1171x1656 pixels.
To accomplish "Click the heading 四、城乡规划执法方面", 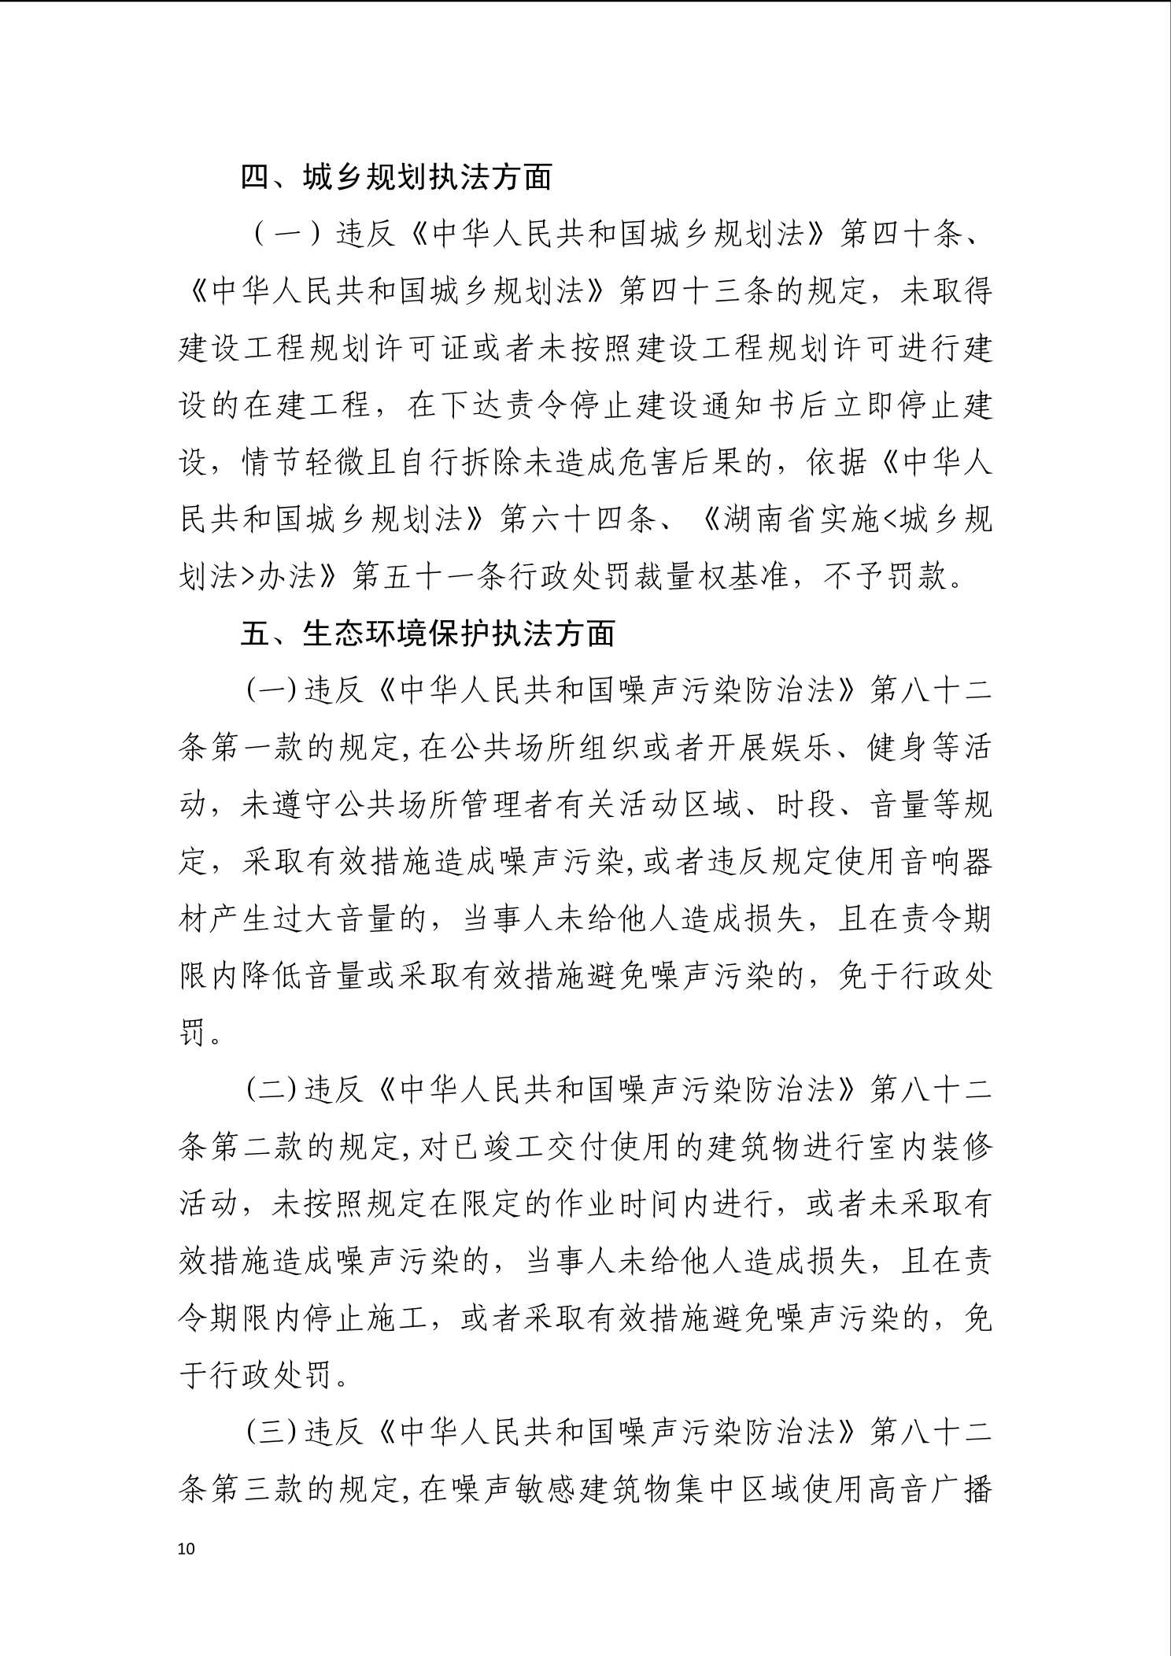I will point(396,178).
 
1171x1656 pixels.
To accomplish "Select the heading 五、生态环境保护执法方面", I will point(427,634).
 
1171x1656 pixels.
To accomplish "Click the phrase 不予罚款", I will point(885,577).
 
